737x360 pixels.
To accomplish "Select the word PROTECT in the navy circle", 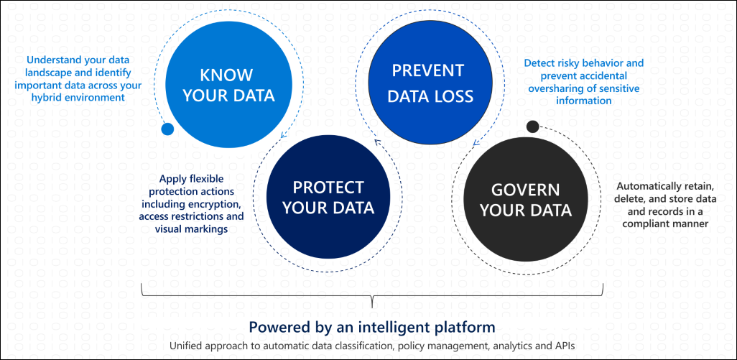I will click(328, 188).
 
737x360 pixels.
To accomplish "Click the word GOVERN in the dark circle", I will click(525, 190).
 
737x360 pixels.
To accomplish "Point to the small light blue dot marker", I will click(167, 129).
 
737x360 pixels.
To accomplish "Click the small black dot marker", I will click(532, 127).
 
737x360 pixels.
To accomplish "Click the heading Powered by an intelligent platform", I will click(371, 327).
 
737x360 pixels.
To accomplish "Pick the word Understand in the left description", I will click(47, 60).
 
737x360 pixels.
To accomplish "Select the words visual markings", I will click(192, 228).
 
